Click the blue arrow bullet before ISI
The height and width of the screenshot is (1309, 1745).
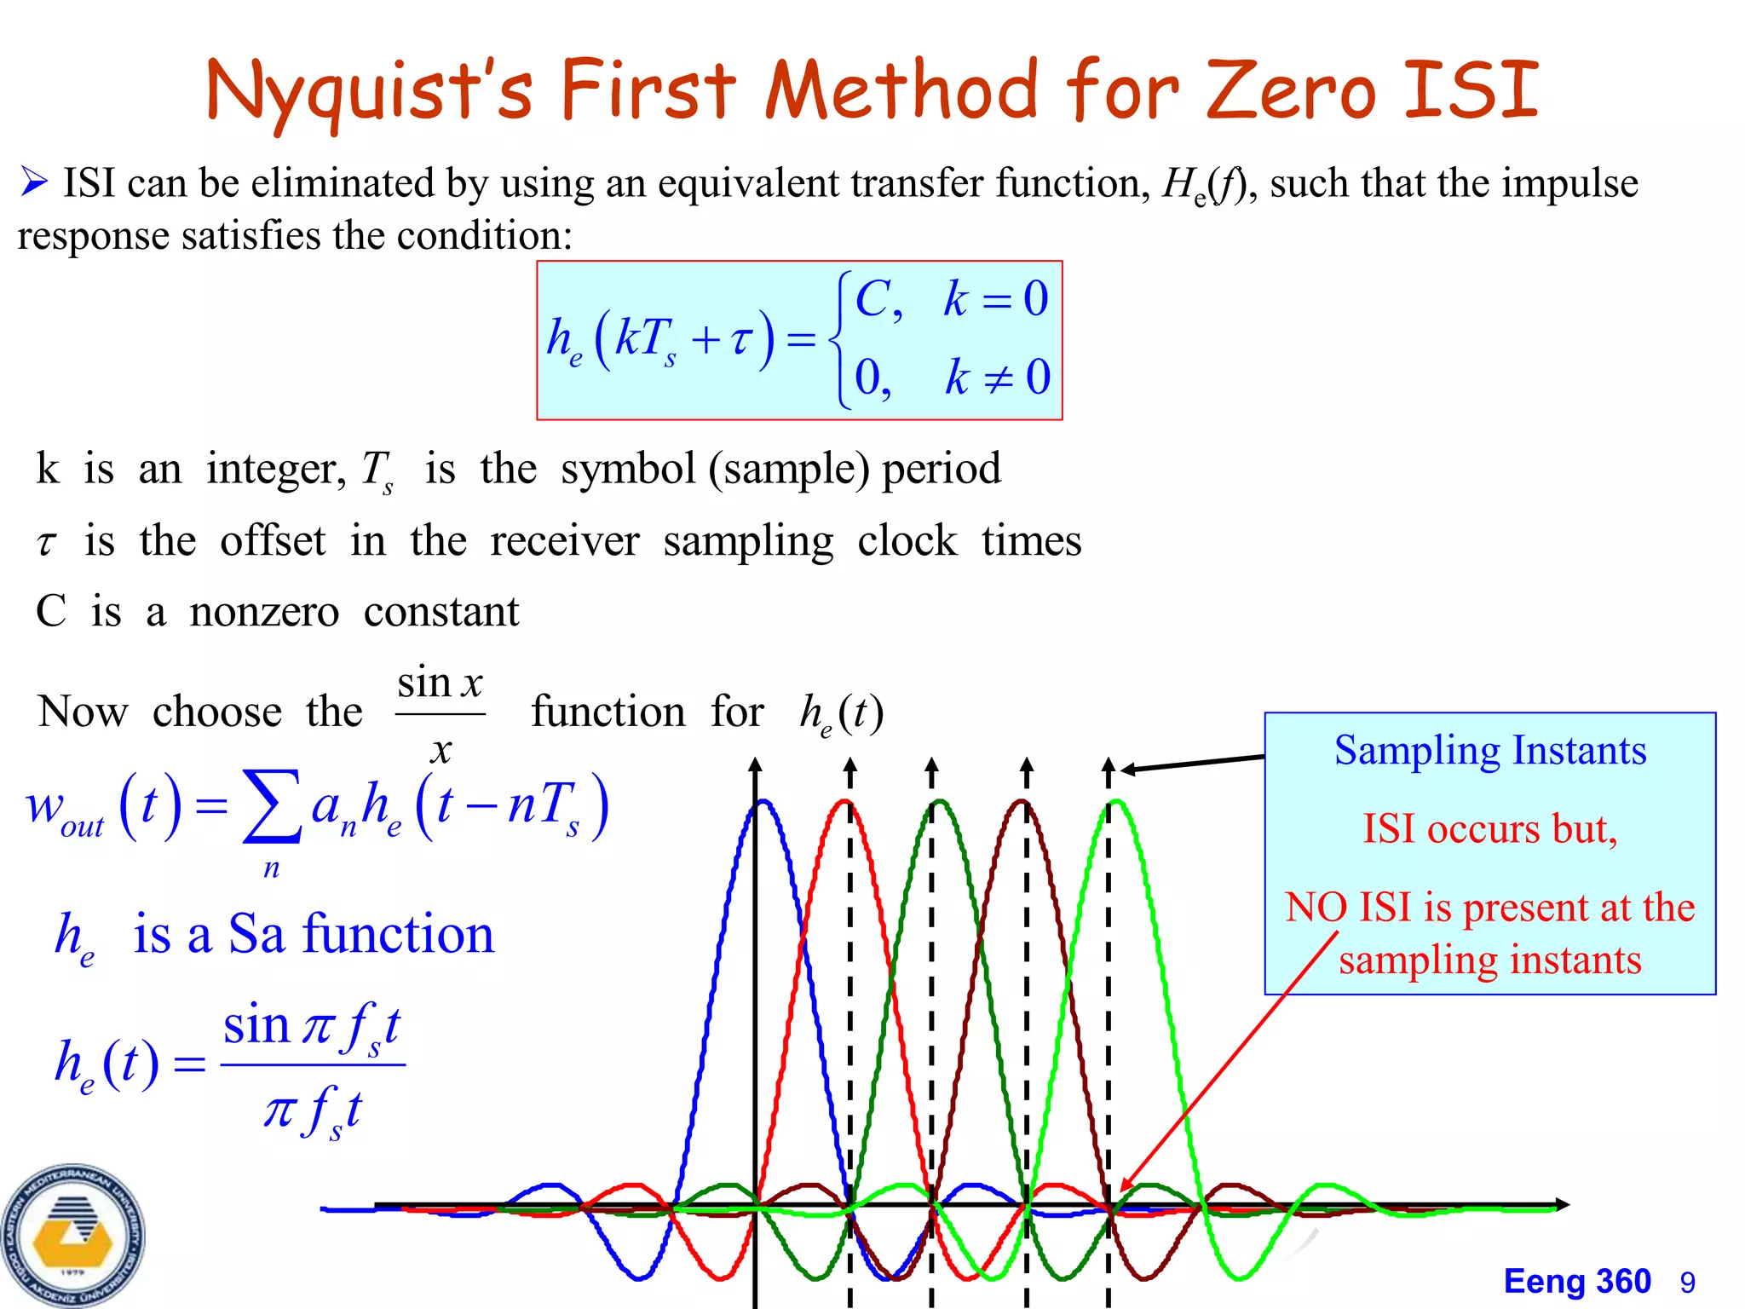[x=34, y=182]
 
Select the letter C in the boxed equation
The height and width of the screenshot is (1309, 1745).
[x=872, y=299]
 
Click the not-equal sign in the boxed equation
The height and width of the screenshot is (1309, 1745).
[x=997, y=378]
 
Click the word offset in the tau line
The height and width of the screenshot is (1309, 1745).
[x=273, y=541]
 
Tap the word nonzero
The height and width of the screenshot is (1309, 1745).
[x=264, y=612]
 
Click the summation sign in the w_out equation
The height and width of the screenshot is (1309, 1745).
[x=271, y=806]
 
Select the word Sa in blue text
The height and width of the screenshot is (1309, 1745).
[x=256, y=934]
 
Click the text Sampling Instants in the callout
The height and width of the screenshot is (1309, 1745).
[x=1489, y=751]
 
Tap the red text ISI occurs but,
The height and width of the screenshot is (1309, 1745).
[x=1489, y=828]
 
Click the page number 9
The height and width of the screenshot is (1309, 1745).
[x=1687, y=1283]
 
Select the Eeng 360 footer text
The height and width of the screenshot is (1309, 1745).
[x=1576, y=1282]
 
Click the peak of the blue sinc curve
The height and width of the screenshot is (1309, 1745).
[x=763, y=802]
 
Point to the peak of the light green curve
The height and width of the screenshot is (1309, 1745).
[x=1116, y=802]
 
